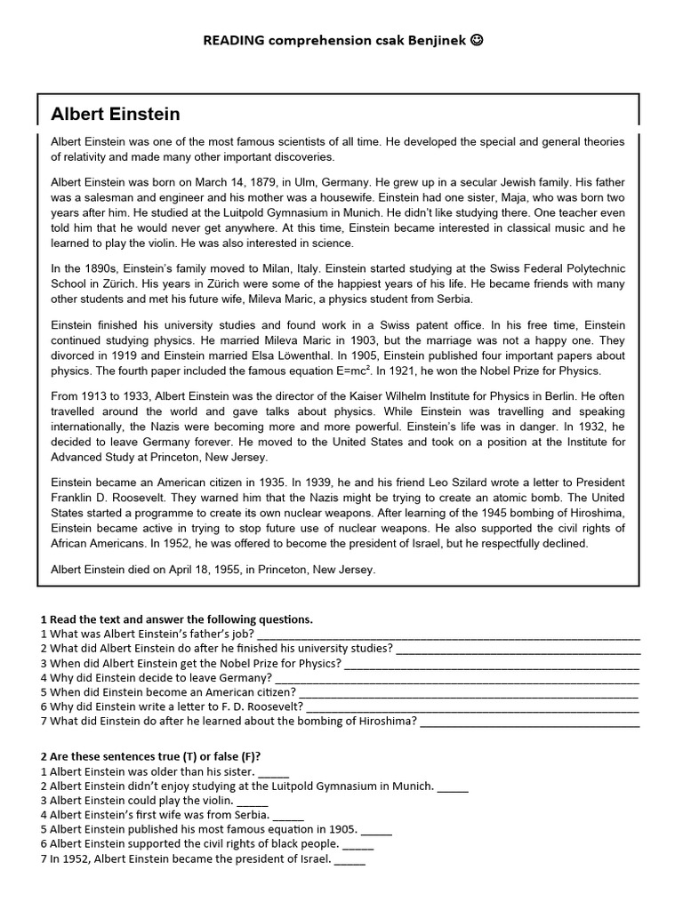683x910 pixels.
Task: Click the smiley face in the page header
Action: click(x=478, y=40)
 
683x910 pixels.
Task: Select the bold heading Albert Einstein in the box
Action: click(x=116, y=114)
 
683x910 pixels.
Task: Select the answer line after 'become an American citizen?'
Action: click(x=469, y=692)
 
